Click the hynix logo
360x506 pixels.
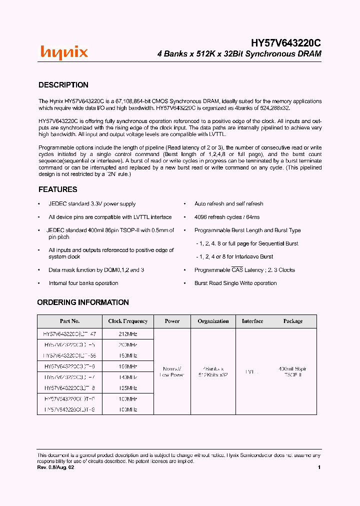tap(64, 52)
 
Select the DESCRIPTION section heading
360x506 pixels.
tap(63, 85)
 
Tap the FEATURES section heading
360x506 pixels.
tap(58, 189)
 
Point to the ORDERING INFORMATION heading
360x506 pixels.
tap(83, 302)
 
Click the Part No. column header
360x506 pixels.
tap(70, 321)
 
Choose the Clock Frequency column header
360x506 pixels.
tap(128, 321)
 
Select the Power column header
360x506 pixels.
tap(172, 321)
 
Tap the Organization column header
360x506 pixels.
tap(213, 321)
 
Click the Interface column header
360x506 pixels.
tap(252, 321)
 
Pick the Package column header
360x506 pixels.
tap(293, 321)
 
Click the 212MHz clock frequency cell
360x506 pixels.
tap(128, 333)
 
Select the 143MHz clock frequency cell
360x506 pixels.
tap(128, 377)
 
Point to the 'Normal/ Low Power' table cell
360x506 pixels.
tap(172, 371)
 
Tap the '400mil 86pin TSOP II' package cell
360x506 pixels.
tap(293, 371)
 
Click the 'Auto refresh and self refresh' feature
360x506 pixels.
tap(228, 204)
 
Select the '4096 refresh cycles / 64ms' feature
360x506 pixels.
tap(227, 217)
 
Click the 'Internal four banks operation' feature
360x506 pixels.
tap(83, 283)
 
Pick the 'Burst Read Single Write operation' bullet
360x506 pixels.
tap(235, 283)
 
